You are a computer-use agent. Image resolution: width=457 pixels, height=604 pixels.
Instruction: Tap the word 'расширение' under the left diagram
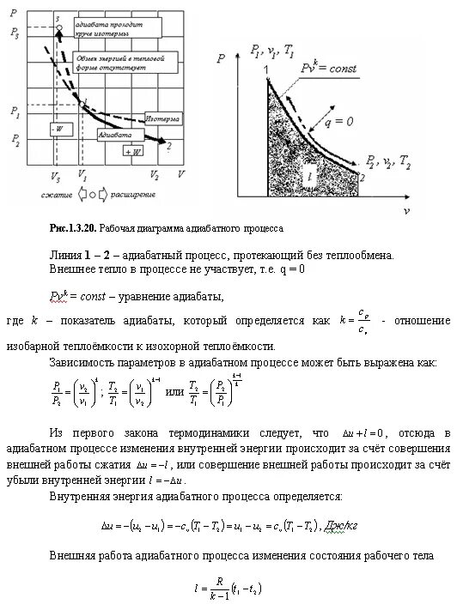point(131,196)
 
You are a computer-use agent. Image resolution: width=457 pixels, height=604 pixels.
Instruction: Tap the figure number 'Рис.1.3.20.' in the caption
point(73,230)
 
